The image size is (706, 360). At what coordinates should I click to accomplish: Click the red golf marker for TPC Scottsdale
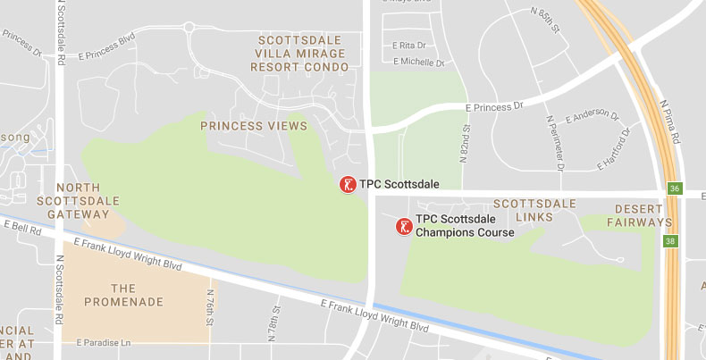348,184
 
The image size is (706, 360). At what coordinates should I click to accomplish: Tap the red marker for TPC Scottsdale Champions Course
405,226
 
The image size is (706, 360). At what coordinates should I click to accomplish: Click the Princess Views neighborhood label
254,126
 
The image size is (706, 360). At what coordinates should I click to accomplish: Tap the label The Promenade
124,295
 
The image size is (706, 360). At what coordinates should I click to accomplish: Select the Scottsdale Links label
534,211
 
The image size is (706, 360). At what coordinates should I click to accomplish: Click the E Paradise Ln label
104,341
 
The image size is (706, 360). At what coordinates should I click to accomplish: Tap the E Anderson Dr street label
592,115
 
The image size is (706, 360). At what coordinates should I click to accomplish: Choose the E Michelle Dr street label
418,62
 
